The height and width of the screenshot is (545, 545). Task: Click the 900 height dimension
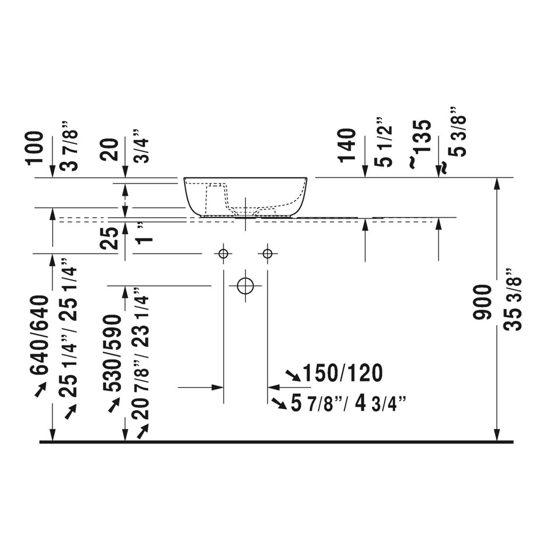click(482, 302)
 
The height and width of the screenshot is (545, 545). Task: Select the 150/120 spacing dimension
click(343, 373)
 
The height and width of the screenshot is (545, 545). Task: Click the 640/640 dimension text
click(38, 335)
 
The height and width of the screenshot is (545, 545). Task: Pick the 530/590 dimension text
click(113, 353)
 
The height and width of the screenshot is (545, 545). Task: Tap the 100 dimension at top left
click(35, 147)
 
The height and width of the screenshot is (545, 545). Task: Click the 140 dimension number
click(348, 145)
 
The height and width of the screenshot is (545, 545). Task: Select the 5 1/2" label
click(384, 142)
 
